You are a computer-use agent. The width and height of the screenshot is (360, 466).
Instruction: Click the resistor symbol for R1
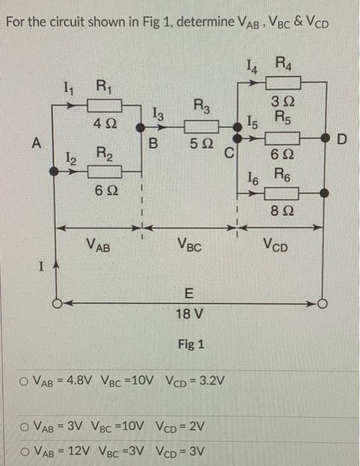coord(107,105)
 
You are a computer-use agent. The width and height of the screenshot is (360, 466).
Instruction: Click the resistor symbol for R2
coord(107,171)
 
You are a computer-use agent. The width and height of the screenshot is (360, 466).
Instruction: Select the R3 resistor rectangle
coord(200,125)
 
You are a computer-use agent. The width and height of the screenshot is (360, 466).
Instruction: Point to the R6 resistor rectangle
coord(284,194)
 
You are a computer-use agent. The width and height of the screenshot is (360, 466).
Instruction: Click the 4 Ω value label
coord(106,123)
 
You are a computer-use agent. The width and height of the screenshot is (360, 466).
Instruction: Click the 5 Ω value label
coord(200,142)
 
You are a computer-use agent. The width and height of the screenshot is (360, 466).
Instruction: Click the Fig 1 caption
coord(191,344)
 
